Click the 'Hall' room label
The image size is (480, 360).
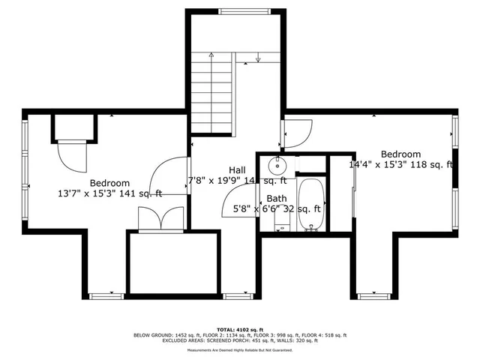tap(237, 170)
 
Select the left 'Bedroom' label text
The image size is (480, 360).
tap(109, 183)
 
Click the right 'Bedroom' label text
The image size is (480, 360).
tap(400, 154)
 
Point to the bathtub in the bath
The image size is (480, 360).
tap(310, 196)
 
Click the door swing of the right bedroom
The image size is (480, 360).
tap(293, 133)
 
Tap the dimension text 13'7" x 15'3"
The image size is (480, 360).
tap(109, 193)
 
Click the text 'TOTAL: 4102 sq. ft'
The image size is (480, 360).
tap(239, 328)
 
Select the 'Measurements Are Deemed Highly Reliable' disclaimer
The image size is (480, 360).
tap(239, 350)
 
